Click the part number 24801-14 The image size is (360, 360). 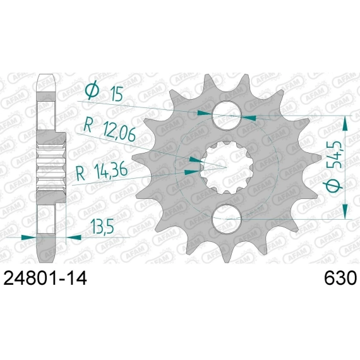[x=45, y=278]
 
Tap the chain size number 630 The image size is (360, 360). [x=340, y=278]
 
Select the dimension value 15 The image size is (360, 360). [x=116, y=93]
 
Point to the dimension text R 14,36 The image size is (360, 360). [x=102, y=171]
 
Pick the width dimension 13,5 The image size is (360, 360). [x=102, y=226]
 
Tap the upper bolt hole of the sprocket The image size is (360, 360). [x=226, y=116]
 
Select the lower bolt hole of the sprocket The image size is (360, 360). [x=227, y=219]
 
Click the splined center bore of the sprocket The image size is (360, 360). [x=227, y=167]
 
